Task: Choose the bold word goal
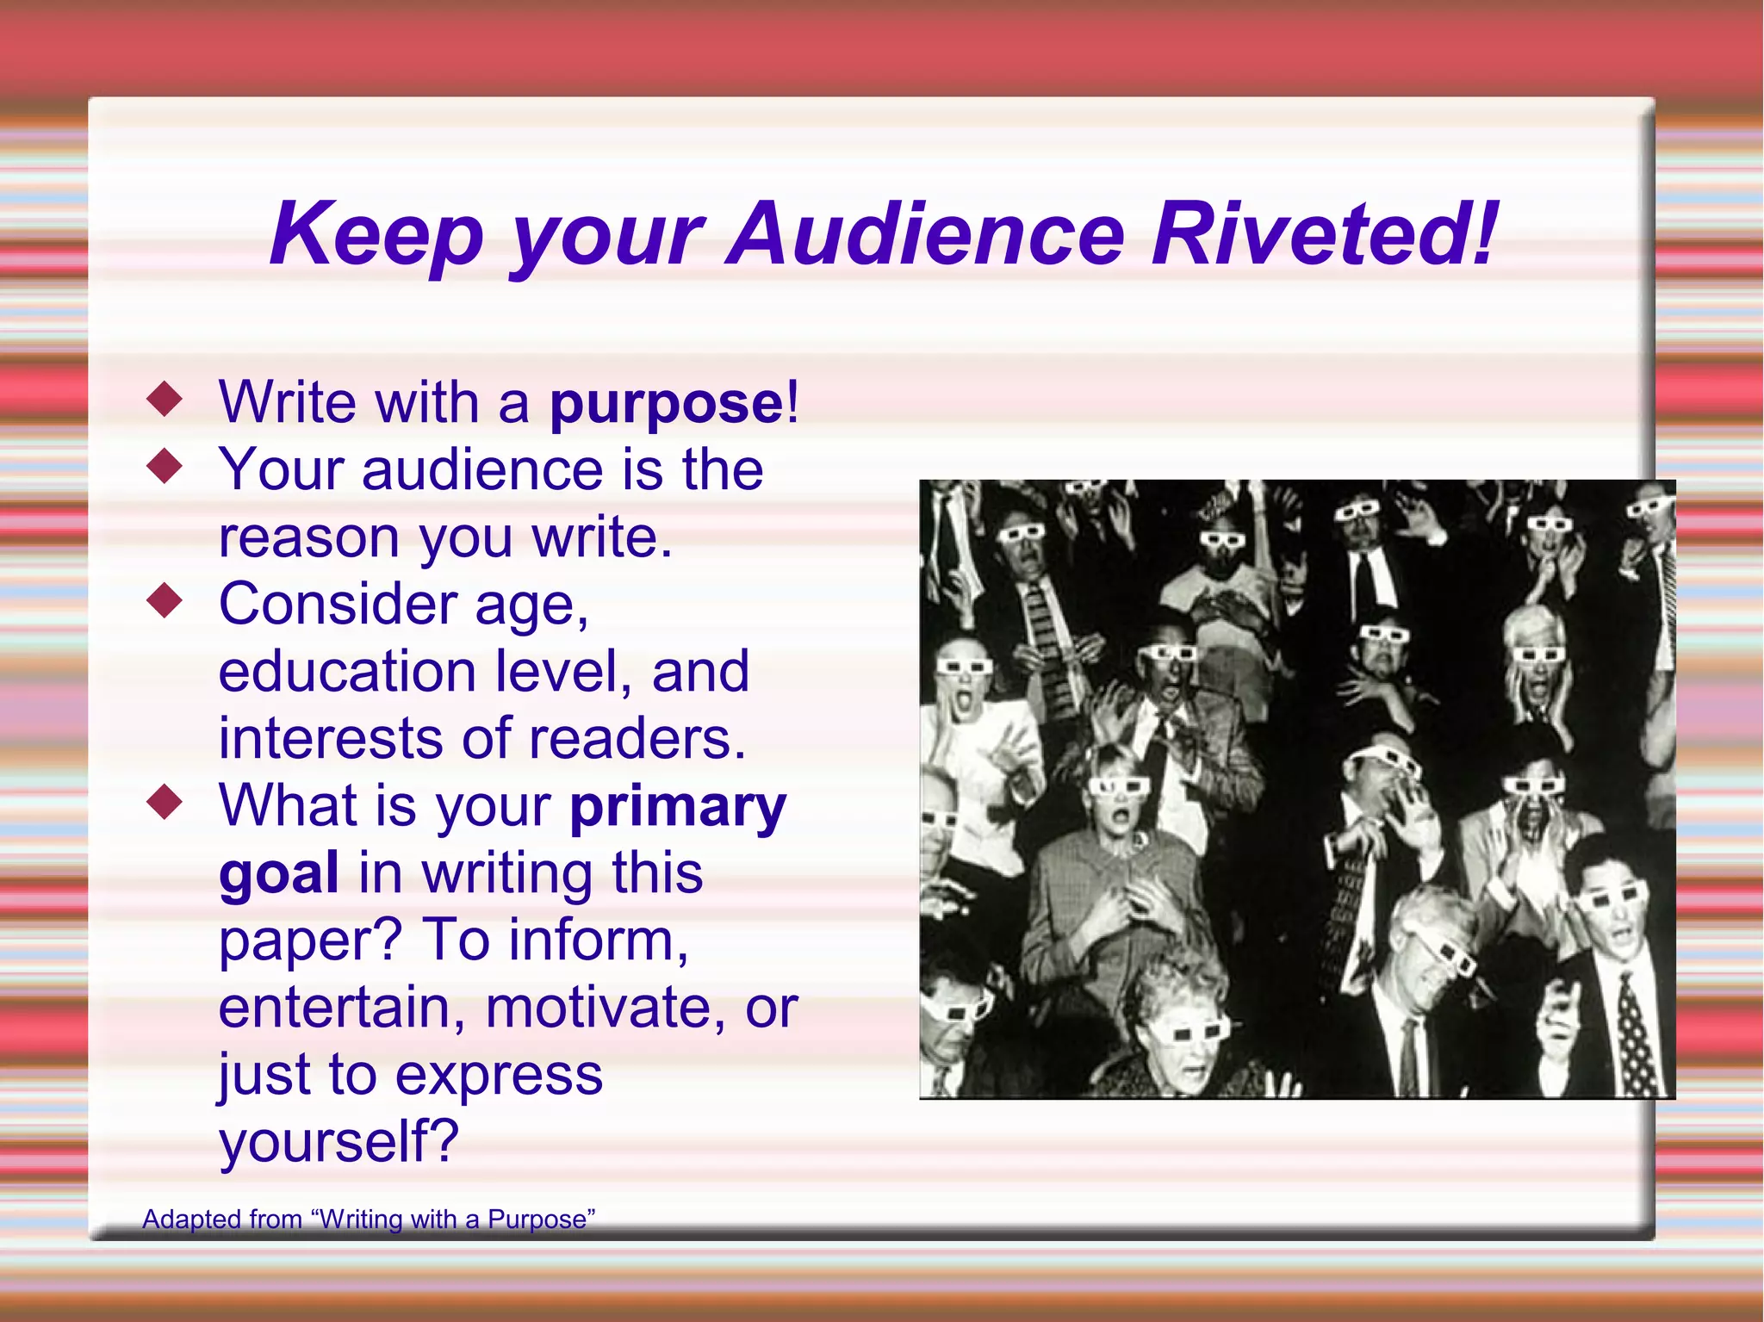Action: (278, 874)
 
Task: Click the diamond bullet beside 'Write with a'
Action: (165, 400)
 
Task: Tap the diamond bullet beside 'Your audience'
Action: (165, 467)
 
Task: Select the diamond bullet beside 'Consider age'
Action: (165, 601)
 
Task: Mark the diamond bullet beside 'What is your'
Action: (165, 803)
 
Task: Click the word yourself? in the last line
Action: (339, 1143)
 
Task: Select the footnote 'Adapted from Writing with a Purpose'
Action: (369, 1220)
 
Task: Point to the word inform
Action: (598, 940)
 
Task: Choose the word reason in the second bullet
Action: (308, 538)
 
